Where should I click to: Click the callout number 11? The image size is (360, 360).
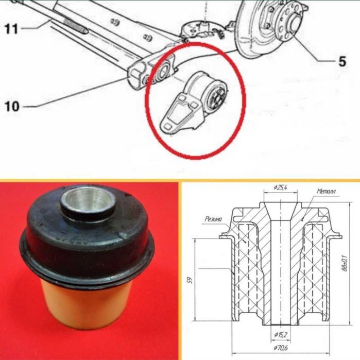(11, 29)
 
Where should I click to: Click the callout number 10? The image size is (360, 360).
(12, 106)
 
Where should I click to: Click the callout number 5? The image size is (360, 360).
(342, 61)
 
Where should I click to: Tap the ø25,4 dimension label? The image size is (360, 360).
(281, 188)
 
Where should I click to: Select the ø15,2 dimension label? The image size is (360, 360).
(281, 335)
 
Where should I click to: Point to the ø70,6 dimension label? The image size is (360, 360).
(281, 348)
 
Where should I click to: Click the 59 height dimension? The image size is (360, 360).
(191, 280)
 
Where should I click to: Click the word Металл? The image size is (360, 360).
(326, 191)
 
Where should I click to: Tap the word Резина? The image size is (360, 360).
(214, 219)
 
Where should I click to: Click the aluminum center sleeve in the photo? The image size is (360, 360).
(88, 201)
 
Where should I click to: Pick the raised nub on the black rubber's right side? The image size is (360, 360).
(123, 235)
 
